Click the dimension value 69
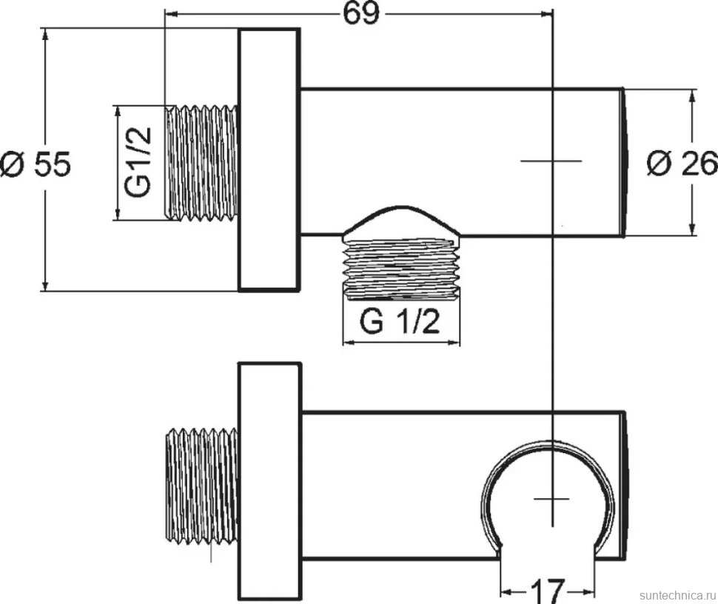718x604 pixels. tap(361, 13)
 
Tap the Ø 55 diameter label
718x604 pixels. tap(36, 164)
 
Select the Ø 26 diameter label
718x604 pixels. tap(682, 163)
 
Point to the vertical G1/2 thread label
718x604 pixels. tap(138, 162)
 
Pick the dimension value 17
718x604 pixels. tap(548, 591)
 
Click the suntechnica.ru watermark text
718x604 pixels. tap(678, 595)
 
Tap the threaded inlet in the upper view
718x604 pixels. tap(201, 163)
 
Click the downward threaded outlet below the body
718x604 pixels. tap(401, 268)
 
